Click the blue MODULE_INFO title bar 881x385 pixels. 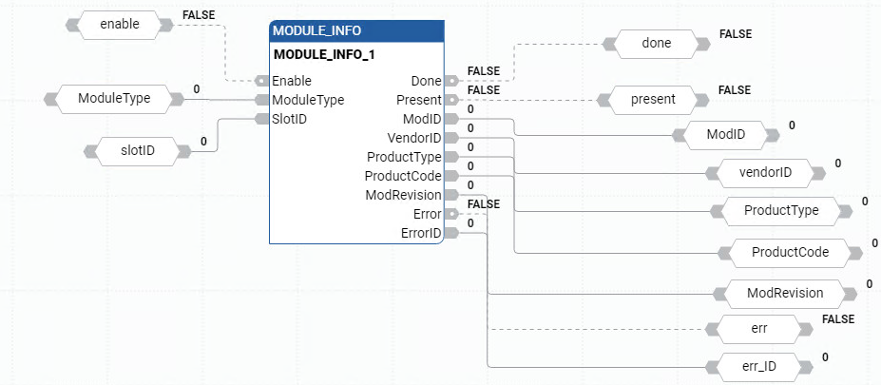click(x=355, y=31)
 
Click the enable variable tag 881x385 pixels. click(x=119, y=25)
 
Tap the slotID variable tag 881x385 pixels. click(x=137, y=150)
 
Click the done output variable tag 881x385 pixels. click(x=657, y=43)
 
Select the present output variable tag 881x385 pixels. click(x=652, y=98)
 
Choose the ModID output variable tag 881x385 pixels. click(x=725, y=135)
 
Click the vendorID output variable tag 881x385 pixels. click(x=763, y=172)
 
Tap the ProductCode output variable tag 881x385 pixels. click(x=790, y=252)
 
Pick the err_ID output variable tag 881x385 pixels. click(x=758, y=366)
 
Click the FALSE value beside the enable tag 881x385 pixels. click(x=198, y=16)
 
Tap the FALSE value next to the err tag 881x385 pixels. click(x=838, y=319)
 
